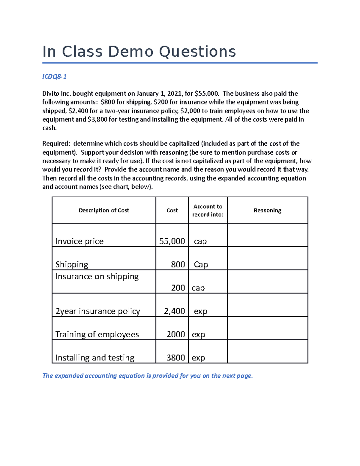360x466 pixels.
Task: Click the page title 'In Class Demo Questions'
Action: (139, 52)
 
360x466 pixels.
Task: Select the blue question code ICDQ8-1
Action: (54, 77)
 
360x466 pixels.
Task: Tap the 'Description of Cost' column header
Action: (104, 210)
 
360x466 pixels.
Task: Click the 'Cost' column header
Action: (172, 210)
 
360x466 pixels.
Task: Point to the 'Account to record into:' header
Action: (208, 210)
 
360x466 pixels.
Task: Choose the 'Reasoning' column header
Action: (267, 210)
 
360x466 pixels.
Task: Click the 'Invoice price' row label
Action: (79, 241)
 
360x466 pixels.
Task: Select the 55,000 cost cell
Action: (172, 241)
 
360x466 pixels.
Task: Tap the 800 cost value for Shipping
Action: (178, 264)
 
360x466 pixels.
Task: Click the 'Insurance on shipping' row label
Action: (97, 276)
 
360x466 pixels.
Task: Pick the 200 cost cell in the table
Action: (178, 288)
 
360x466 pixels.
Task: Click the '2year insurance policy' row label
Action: (97, 311)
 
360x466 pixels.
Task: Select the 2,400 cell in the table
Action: (174, 311)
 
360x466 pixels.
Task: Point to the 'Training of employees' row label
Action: (97, 334)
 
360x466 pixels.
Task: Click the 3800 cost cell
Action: (175, 358)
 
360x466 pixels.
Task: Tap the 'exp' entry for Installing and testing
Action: (198, 358)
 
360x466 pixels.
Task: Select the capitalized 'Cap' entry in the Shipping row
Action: (201, 265)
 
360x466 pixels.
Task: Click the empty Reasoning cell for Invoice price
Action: (267, 235)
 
